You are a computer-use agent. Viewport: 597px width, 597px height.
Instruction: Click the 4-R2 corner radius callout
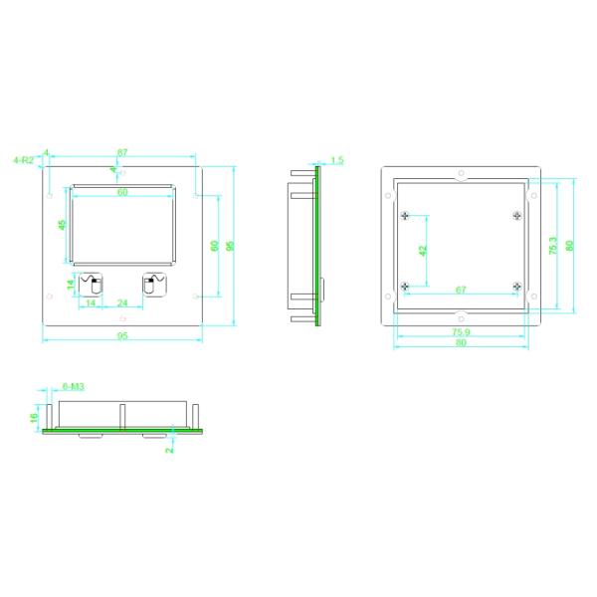pos(23,159)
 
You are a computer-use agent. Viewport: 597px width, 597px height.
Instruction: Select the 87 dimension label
pos(122,152)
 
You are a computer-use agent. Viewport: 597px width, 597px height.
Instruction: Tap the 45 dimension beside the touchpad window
pos(62,225)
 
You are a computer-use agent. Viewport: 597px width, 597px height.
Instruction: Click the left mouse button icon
pos(92,285)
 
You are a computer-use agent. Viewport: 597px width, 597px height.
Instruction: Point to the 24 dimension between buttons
pos(122,302)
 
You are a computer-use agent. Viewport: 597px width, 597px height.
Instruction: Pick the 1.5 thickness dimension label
pos(336,159)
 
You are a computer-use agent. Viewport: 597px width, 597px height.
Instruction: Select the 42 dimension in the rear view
pos(421,252)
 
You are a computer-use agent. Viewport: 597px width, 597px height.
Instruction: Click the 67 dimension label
pos(461,290)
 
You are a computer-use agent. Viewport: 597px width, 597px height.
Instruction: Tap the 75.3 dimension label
pos(553,246)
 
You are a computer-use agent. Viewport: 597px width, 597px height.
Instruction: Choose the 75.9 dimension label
pos(461,331)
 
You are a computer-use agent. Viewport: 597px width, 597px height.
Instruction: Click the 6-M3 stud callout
pos(73,385)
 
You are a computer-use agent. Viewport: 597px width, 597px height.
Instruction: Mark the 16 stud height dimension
pos(34,419)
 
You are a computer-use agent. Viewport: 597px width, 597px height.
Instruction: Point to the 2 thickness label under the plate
pos(170,450)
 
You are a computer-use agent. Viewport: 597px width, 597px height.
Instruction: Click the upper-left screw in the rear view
pos(404,216)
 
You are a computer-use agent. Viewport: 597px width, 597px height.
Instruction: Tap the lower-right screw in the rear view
pos(516,287)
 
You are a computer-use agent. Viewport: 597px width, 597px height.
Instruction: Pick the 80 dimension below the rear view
pos(461,343)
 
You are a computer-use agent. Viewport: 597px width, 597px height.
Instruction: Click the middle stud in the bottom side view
pos(121,416)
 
